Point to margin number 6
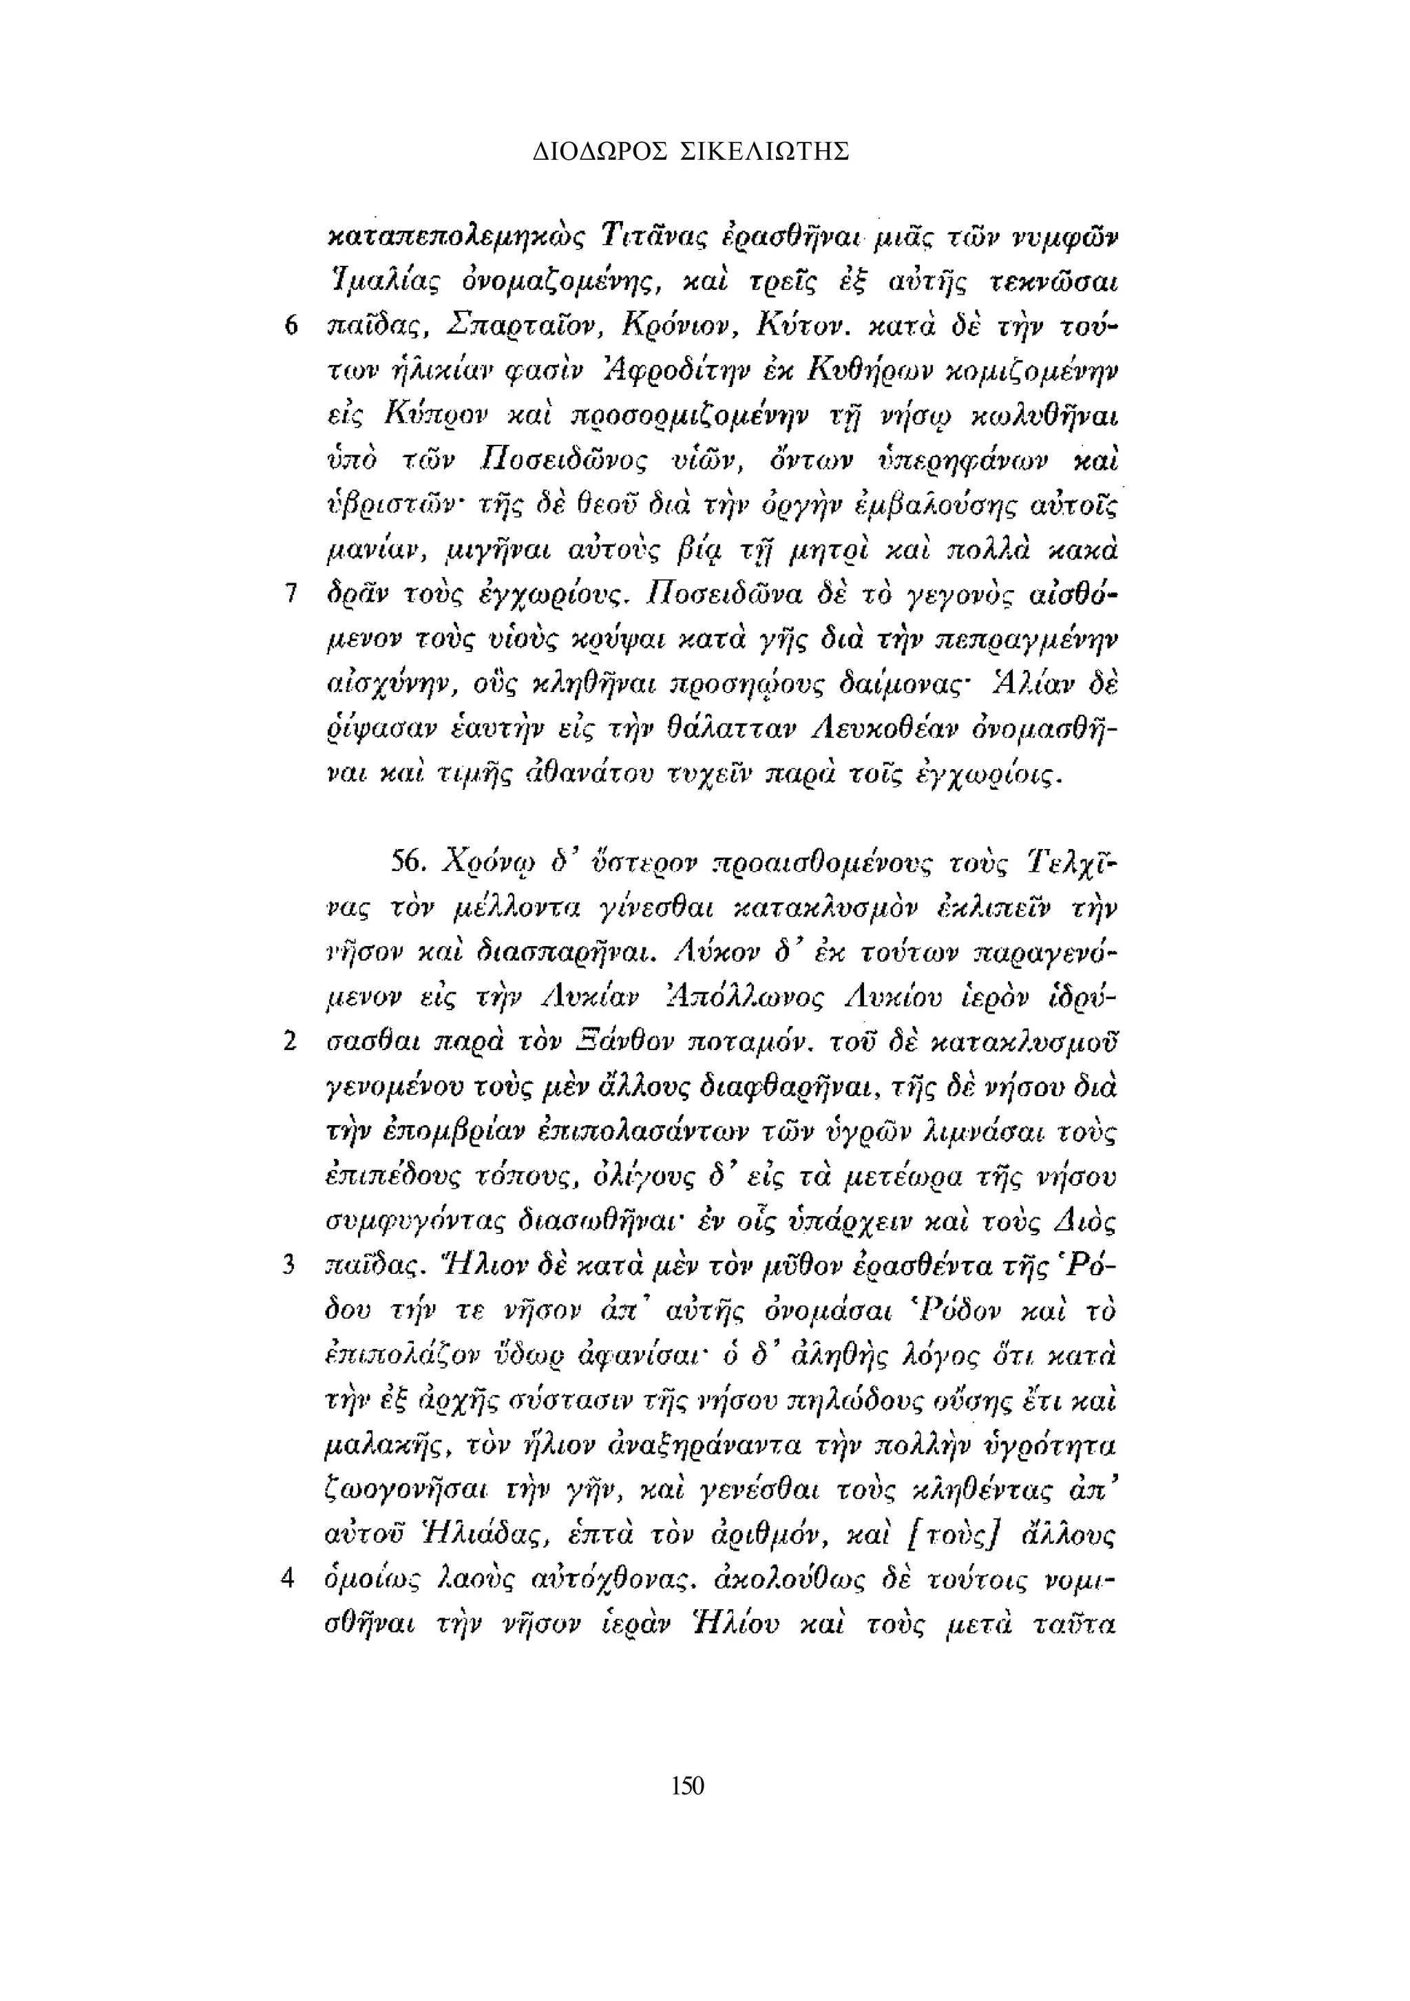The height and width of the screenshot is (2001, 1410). [291, 328]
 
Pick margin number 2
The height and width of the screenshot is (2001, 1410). [291, 1041]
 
